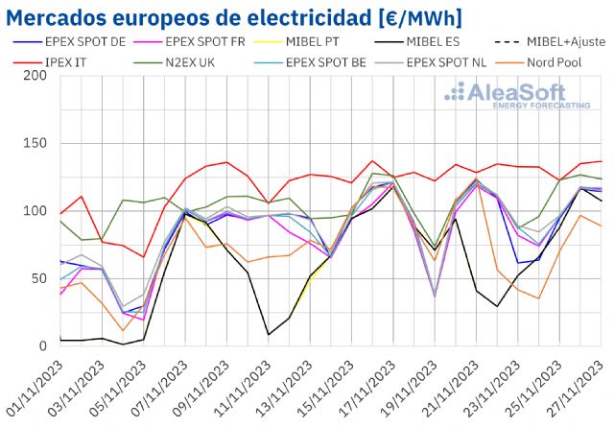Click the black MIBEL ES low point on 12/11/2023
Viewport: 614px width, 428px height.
269,335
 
